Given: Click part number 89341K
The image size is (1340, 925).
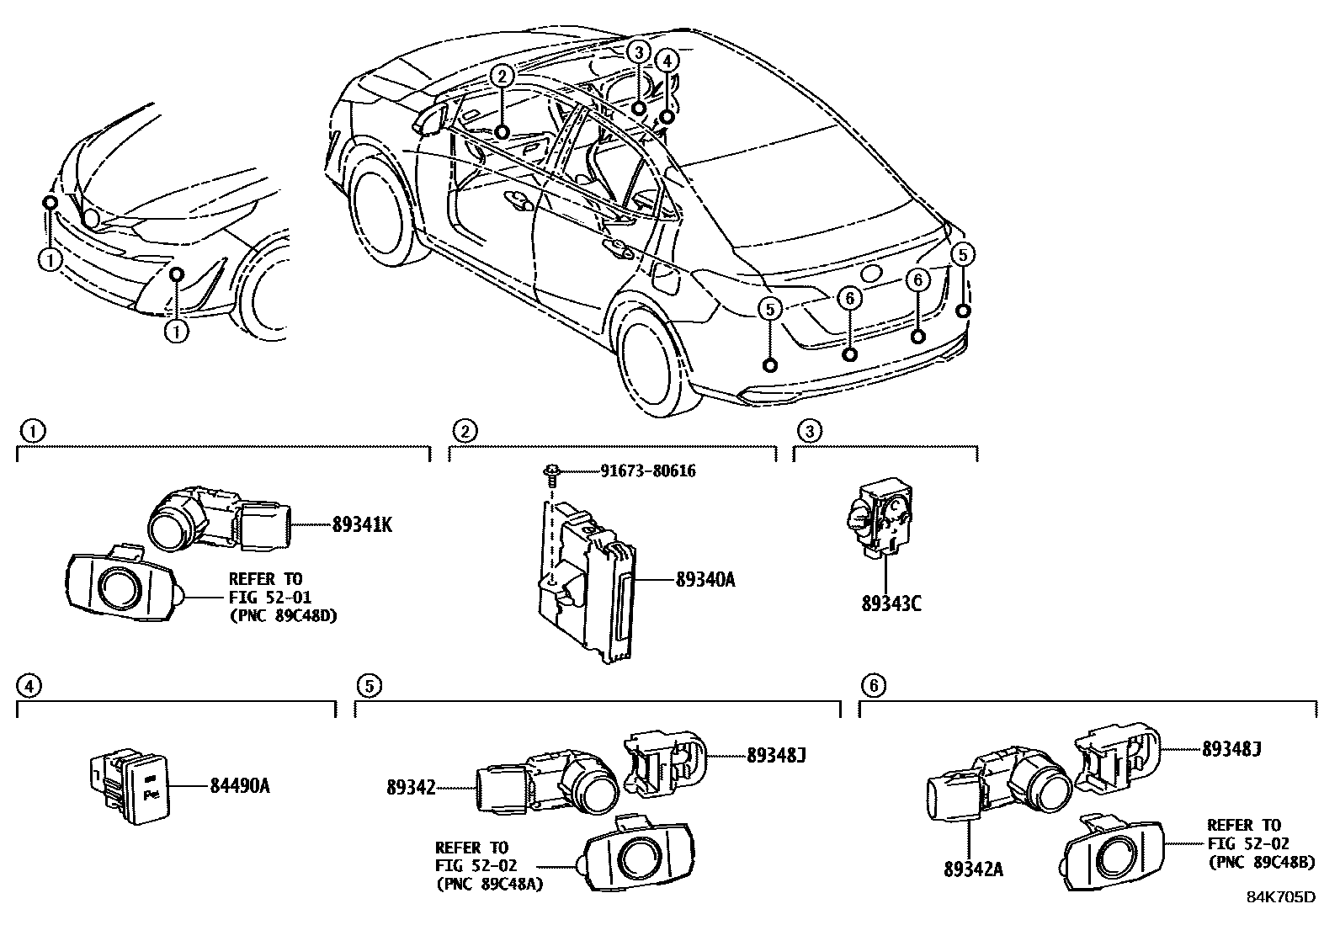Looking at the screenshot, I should [x=362, y=525].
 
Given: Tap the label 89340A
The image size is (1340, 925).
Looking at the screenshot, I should [x=705, y=579].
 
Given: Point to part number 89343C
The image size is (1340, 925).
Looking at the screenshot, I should [x=891, y=603].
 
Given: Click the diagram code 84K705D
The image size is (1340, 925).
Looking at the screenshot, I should [x=1280, y=897].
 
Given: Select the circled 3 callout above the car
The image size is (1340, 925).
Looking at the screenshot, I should [x=639, y=51].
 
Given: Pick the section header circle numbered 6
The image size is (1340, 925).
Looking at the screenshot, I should [x=873, y=686].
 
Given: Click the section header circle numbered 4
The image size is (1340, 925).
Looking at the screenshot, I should [x=29, y=686].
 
